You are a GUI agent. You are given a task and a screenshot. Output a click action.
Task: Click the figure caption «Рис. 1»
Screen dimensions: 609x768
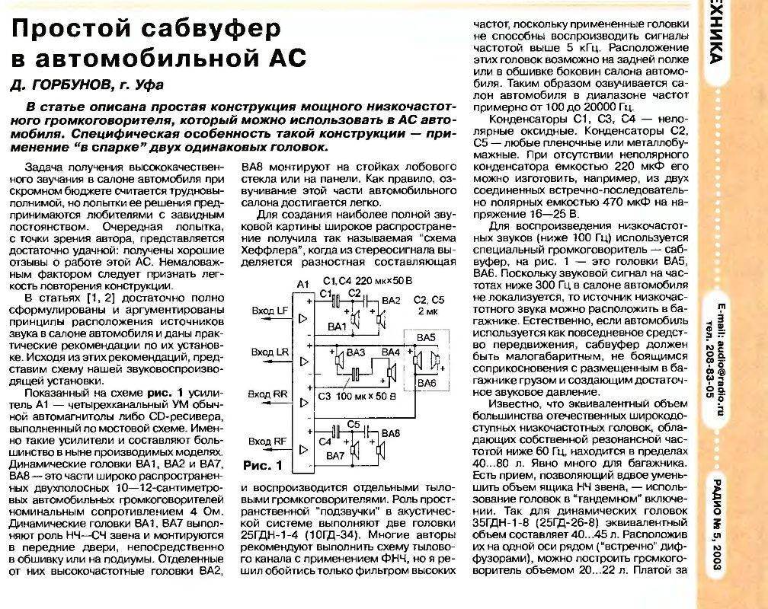[261, 464]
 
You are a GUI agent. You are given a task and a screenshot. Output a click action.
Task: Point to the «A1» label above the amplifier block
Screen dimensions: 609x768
[302, 284]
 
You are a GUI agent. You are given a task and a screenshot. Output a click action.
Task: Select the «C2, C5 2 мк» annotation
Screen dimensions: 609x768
[432, 305]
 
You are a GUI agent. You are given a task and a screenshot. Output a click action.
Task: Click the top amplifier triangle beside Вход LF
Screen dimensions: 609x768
[304, 316]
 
